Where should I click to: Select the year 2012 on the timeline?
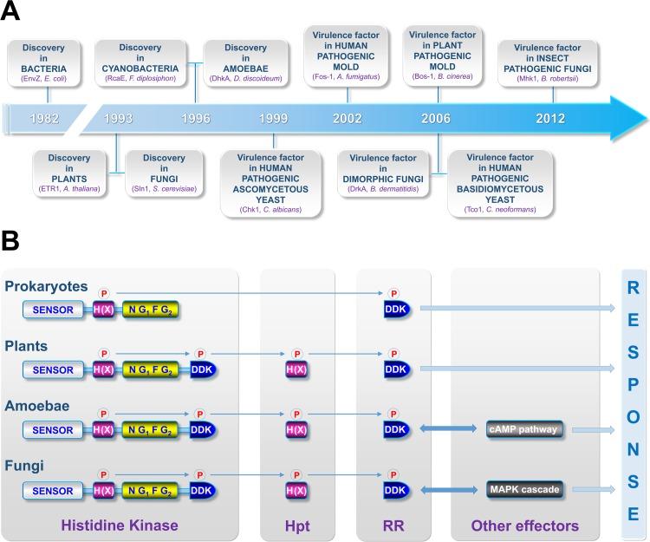(552, 119)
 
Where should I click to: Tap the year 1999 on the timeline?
(273, 119)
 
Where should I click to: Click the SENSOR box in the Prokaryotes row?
(53, 309)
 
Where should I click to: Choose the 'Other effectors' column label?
(524, 526)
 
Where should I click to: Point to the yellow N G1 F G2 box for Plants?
(149, 369)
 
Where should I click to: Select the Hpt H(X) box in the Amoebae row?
(297, 429)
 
